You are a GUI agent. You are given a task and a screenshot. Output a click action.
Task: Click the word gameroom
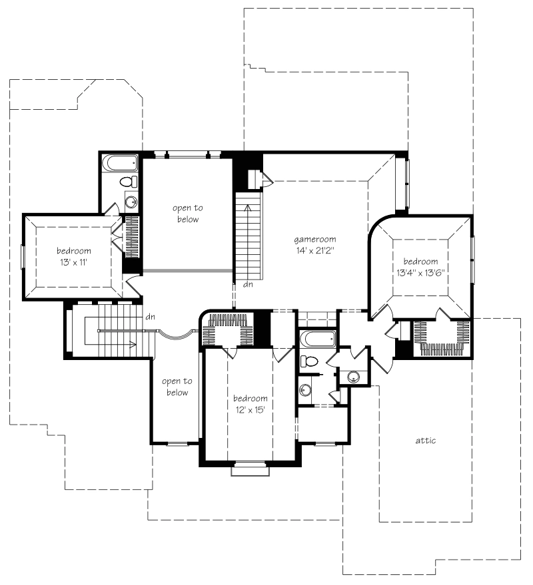(315, 240)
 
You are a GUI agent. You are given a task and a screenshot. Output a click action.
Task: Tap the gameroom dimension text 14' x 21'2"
(315, 251)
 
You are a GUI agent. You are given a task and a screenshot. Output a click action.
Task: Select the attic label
(426, 441)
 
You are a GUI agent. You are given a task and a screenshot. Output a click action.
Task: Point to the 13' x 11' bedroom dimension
(73, 262)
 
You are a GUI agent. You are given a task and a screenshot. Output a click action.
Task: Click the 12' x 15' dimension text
(251, 410)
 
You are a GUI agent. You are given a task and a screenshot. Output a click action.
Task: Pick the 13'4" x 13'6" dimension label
(420, 273)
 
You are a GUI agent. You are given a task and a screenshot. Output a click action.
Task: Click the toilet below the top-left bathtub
(129, 182)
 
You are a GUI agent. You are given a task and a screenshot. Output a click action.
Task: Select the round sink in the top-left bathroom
(131, 202)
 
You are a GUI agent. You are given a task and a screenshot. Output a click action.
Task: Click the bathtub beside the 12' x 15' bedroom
(318, 338)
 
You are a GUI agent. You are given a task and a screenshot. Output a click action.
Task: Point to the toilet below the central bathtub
(309, 361)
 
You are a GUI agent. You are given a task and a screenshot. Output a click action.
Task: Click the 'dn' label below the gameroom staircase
(248, 284)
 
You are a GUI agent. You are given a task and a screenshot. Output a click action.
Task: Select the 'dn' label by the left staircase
(150, 317)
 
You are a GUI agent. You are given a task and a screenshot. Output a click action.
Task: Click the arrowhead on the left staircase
(133, 344)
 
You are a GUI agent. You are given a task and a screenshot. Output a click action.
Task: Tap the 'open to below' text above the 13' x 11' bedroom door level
(188, 214)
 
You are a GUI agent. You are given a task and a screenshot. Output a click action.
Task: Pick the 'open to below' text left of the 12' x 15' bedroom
(177, 387)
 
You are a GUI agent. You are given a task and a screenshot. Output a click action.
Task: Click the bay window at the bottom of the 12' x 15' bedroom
(251, 469)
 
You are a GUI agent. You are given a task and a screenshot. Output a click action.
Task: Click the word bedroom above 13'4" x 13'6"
(420, 262)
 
